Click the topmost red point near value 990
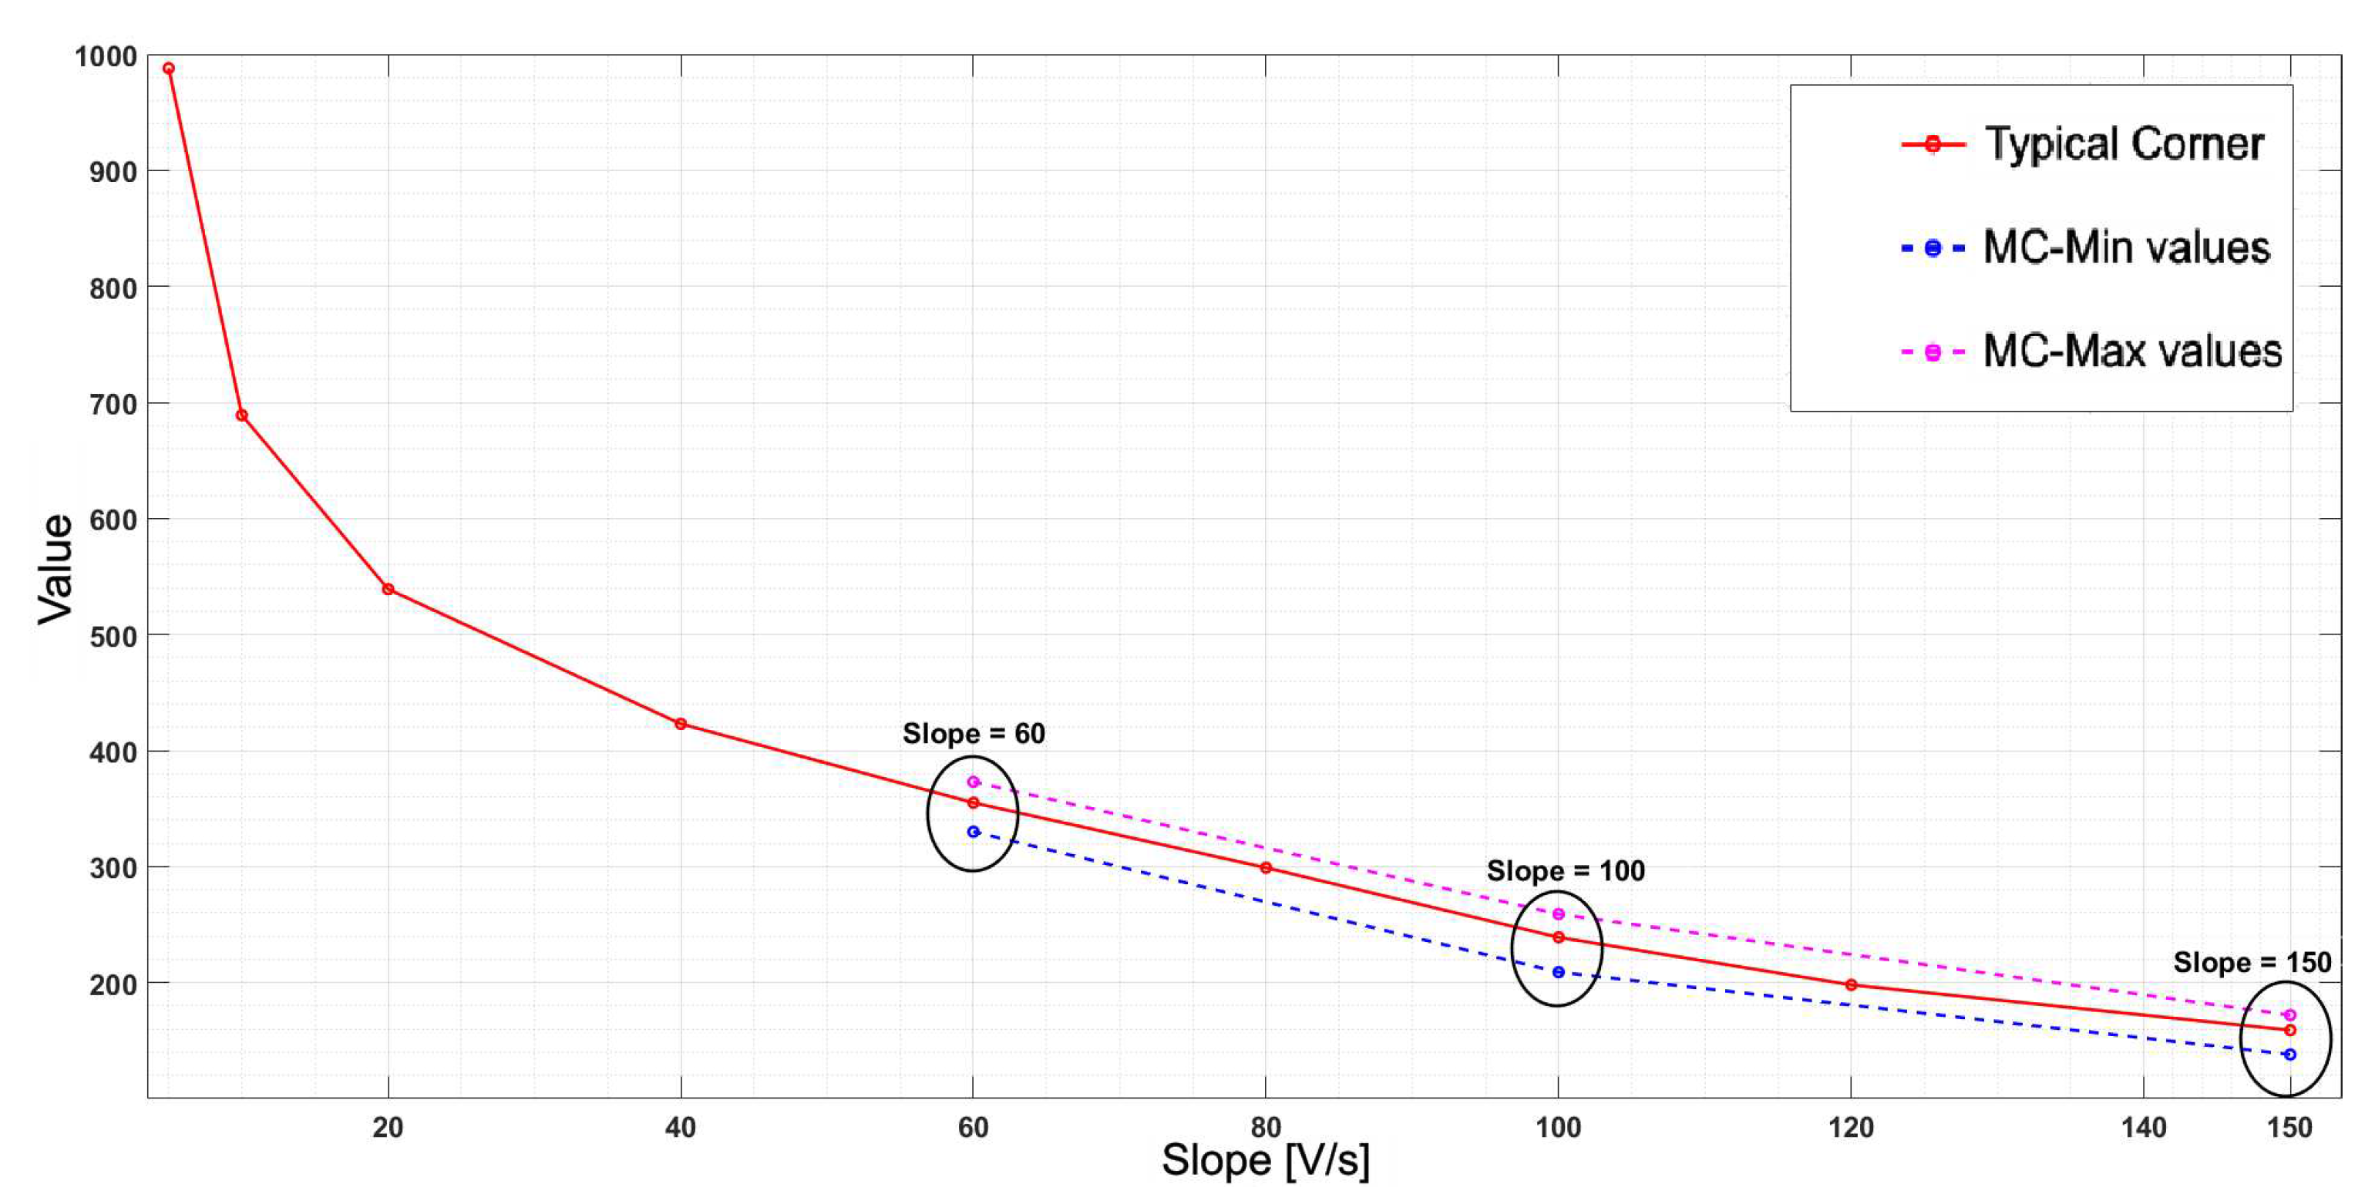pos(169,68)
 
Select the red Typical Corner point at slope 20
pos(389,589)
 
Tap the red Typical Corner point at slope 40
pos(681,724)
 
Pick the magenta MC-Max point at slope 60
pos(973,782)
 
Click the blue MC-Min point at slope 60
pos(973,832)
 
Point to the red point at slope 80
pos(1266,867)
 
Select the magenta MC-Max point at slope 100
pos(1558,913)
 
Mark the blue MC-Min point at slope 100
pos(1558,971)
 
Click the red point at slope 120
pos(1850,984)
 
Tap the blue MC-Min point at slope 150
pos(2289,1054)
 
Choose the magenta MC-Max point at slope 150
pos(2289,1014)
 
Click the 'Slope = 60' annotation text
pos(973,734)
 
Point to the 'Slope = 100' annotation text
pos(1565,871)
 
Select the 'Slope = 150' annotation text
pos(2252,962)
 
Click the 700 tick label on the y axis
pos(113,404)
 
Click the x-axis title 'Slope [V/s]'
pos(1265,1159)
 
